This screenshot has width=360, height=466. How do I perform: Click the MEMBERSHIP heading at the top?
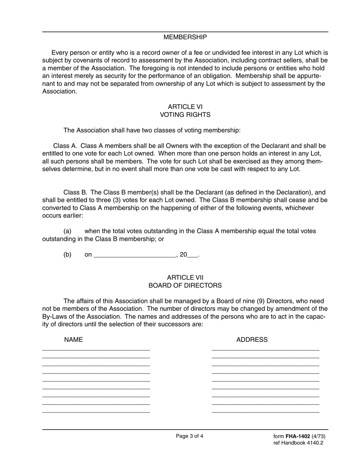point(185,37)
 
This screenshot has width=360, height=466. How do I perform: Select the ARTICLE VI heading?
point(185,107)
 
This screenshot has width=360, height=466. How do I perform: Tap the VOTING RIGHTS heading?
point(185,115)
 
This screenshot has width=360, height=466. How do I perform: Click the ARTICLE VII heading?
point(185,278)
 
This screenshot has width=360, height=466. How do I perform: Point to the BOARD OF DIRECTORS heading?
point(185,286)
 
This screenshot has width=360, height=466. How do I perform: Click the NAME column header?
point(73,340)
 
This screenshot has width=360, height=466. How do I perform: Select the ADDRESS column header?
point(252,340)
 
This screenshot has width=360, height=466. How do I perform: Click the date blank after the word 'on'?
point(134,255)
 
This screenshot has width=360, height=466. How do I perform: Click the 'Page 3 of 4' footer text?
point(189,436)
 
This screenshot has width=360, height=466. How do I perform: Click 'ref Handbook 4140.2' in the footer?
point(298,443)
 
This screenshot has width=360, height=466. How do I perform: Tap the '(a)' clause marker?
point(67,231)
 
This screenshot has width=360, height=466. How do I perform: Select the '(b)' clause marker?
point(67,255)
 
